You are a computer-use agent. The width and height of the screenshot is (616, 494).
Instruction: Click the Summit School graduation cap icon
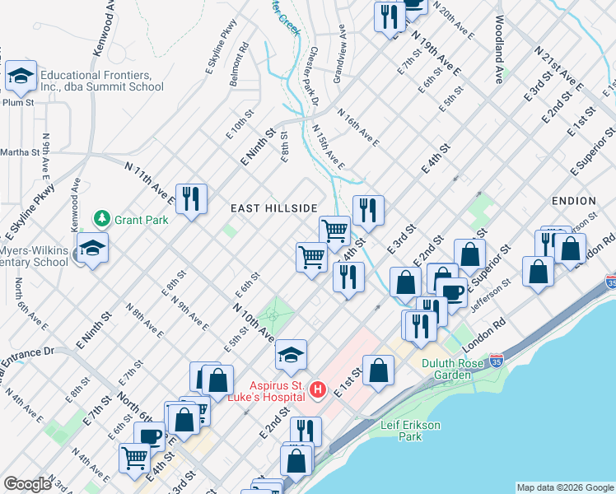[x=20, y=78]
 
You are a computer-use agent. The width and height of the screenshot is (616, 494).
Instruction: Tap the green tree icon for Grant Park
[x=101, y=219]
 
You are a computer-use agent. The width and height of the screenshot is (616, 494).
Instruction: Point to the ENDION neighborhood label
[x=574, y=200]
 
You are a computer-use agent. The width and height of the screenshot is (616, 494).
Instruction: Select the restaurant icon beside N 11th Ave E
[x=191, y=198]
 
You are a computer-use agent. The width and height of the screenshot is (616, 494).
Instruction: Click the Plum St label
[x=17, y=103]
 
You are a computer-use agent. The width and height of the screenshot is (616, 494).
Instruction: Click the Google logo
[x=27, y=483]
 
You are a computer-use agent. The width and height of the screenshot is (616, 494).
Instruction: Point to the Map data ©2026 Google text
[x=564, y=487]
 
